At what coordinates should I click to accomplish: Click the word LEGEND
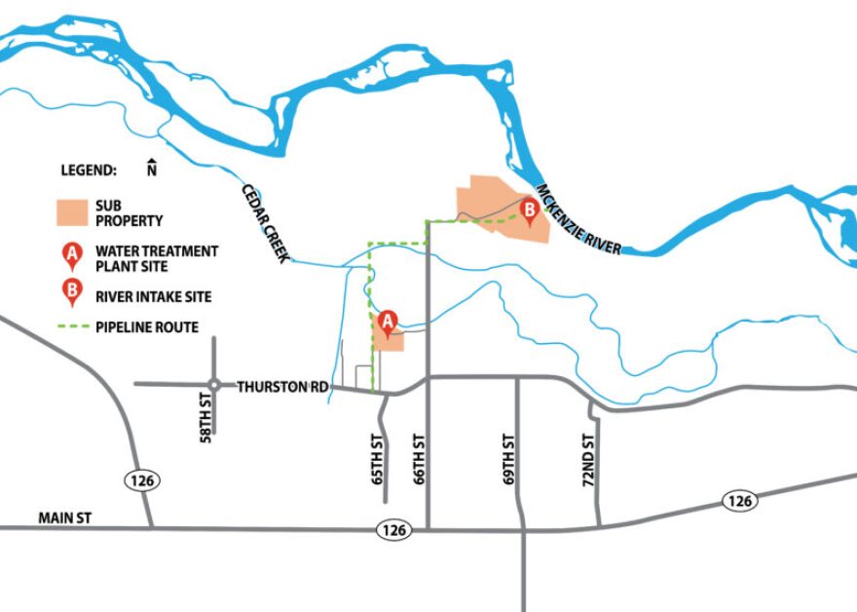tap(89, 170)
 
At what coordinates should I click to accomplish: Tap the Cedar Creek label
tap(265, 223)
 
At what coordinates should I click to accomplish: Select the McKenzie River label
tap(578, 220)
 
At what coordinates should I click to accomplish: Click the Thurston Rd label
tap(282, 387)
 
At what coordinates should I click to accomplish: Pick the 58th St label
tap(206, 425)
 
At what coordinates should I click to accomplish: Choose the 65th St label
tap(377, 461)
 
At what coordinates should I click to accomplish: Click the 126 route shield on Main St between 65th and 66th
tap(397, 528)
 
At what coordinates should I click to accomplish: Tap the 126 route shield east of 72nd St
tap(740, 501)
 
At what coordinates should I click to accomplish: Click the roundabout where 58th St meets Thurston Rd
tap(213, 384)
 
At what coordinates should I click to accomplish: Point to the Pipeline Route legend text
tap(147, 327)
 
